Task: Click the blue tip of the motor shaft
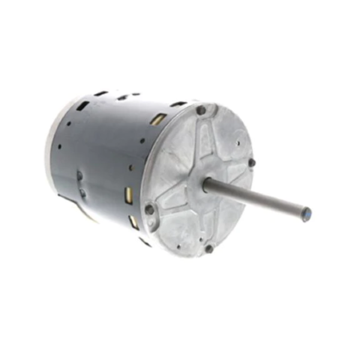[x=306, y=214]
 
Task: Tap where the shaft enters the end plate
[x=207, y=184]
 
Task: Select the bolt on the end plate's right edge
[x=251, y=162]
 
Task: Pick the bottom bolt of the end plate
[x=208, y=248]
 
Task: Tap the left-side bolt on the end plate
[x=149, y=209]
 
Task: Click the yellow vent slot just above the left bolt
[x=128, y=194]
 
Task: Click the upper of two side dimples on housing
[x=79, y=175]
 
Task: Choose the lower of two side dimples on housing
[x=82, y=193]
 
